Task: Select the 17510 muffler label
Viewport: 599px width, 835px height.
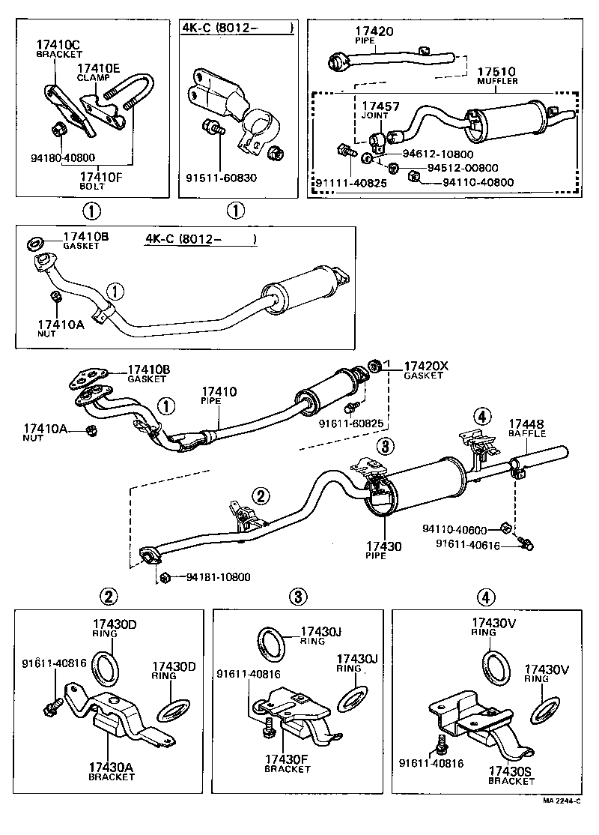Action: tap(498, 76)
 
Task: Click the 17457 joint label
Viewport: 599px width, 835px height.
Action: tap(380, 112)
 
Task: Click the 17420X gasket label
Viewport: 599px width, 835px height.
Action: tap(425, 370)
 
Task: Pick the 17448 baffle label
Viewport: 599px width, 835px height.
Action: tap(527, 428)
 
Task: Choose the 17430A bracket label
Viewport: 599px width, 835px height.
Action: tap(112, 772)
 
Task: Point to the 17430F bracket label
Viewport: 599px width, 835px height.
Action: tap(287, 772)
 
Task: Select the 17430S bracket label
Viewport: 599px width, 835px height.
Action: tap(511, 775)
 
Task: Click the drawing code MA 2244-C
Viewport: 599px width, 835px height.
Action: tap(563, 822)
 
